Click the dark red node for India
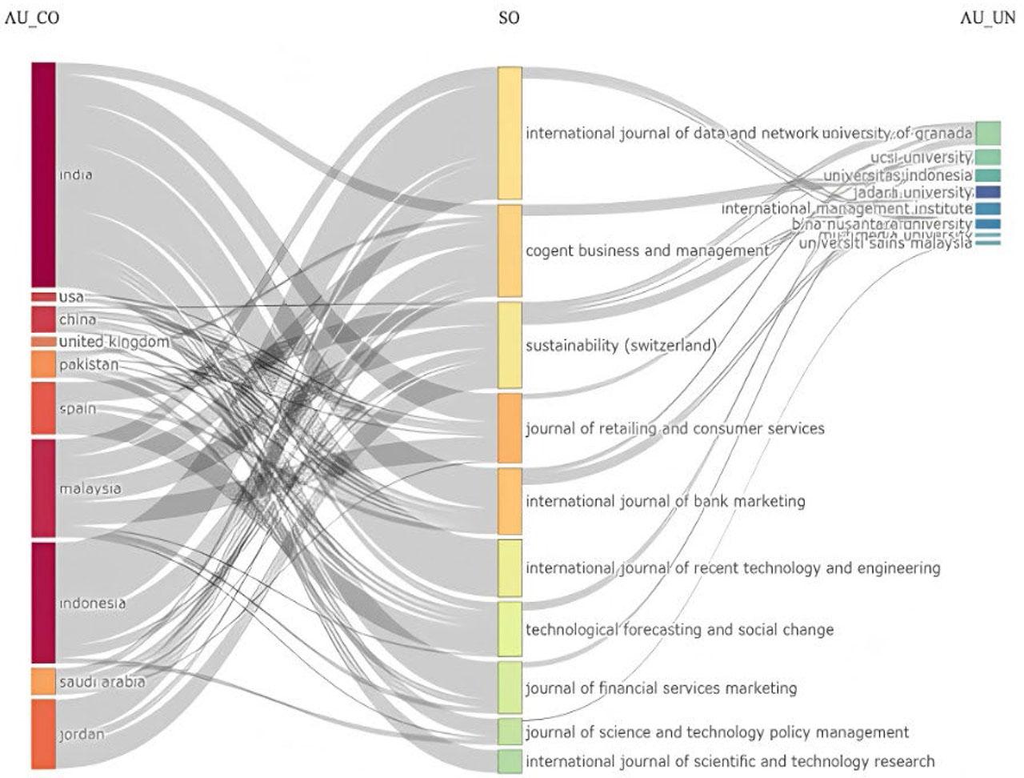pyautogui.click(x=43, y=174)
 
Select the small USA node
pyautogui.click(x=43, y=297)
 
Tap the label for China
pyautogui.click(x=78, y=319)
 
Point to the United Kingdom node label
pyautogui.click(x=114, y=342)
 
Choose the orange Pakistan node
pyautogui.click(x=43, y=364)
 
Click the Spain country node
pyautogui.click(x=43, y=408)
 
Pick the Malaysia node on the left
pyautogui.click(x=43, y=487)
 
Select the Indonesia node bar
pyautogui.click(x=43, y=602)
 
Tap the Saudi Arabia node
pyautogui.click(x=43, y=681)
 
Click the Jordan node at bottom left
pyautogui.click(x=43, y=733)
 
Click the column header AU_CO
pyautogui.click(x=31, y=18)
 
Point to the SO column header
pyautogui.click(x=509, y=18)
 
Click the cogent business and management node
pyautogui.click(x=510, y=251)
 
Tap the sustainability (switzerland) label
pyautogui.click(x=621, y=346)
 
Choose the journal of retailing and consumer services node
pyautogui.click(x=510, y=427)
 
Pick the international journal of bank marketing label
pyautogui.click(x=665, y=501)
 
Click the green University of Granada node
pyautogui.click(x=988, y=133)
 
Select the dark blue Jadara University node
pyautogui.click(x=988, y=192)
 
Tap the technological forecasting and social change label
pyautogui.click(x=679, y=630)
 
